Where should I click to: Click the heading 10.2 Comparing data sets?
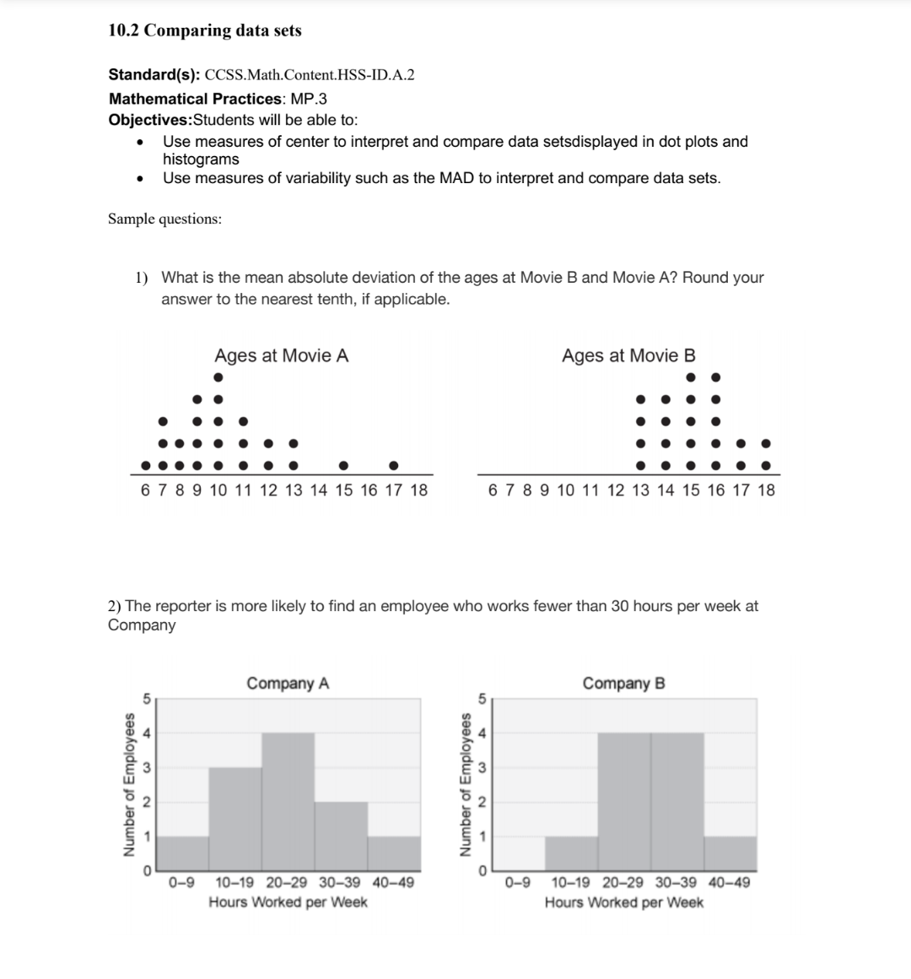point(205,30)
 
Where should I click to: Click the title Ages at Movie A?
point(281,355)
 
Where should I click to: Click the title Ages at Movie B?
point(628,355)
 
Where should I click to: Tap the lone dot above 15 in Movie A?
point(343,465)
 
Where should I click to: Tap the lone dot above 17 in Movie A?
point(394,465)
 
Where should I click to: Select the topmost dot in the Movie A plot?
point(218,377)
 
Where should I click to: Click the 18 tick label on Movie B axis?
point(766,490)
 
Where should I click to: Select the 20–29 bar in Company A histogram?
point(288,802)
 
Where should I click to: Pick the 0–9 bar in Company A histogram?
point(182,853)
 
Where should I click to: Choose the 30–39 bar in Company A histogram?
point(341,836)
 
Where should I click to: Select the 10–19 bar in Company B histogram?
point(571,853)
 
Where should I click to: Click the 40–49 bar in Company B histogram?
point(730,853)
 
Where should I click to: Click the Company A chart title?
point(288,683)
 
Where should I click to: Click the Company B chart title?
point(623,683)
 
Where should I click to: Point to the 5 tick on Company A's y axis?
point(146,698)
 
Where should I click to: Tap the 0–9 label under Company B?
point(517,883)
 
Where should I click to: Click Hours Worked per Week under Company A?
point(288,902)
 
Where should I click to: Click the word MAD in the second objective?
point(456,178)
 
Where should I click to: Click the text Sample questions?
point(165,219)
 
